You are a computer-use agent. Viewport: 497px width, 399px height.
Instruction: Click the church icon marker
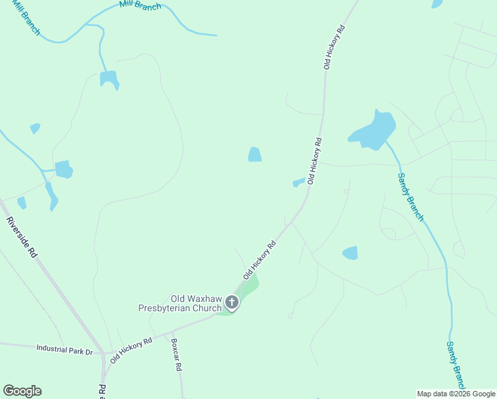pyautogui.click(x=232, y=303)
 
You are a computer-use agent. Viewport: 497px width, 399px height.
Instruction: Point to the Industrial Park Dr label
pyautogui.click(x=64, y=348)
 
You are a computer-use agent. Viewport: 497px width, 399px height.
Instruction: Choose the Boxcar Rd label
pyautogui.click(x=176, y=357)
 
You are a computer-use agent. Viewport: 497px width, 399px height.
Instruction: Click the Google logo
pyautogui.click(x=22, y=391)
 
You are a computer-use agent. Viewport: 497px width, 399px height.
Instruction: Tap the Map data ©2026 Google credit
pyautogui.click(x=456, y=394)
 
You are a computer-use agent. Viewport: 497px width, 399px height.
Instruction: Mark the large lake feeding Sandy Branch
pyautogui.click(x=373, y=131)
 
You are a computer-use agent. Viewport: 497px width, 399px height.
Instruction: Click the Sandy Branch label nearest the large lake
pyautogui.click(x=410, y=197)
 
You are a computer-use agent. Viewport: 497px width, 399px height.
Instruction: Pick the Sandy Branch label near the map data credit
pyautogui.click(x=456, y=366)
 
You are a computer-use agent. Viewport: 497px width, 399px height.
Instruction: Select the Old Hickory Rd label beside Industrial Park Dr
pyautogui.click(x=131, y=350)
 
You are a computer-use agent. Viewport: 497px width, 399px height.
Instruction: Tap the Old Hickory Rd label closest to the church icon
pyautogui.click(x=259, y=260)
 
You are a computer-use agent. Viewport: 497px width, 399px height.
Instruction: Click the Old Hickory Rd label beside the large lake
pyautogui.click(x=315, y=160)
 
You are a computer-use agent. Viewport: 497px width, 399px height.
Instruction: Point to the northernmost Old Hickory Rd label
pyautogui.click(x=334, y=47)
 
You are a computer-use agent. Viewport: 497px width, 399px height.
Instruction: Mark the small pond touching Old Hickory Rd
pyautogui.click(x=298, y=182)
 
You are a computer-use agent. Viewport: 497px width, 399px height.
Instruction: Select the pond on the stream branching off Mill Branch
pyautogui.click(x=109, y=78)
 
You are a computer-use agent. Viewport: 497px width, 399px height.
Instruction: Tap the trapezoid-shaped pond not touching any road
pyautogui.click(x=254, y=154)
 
